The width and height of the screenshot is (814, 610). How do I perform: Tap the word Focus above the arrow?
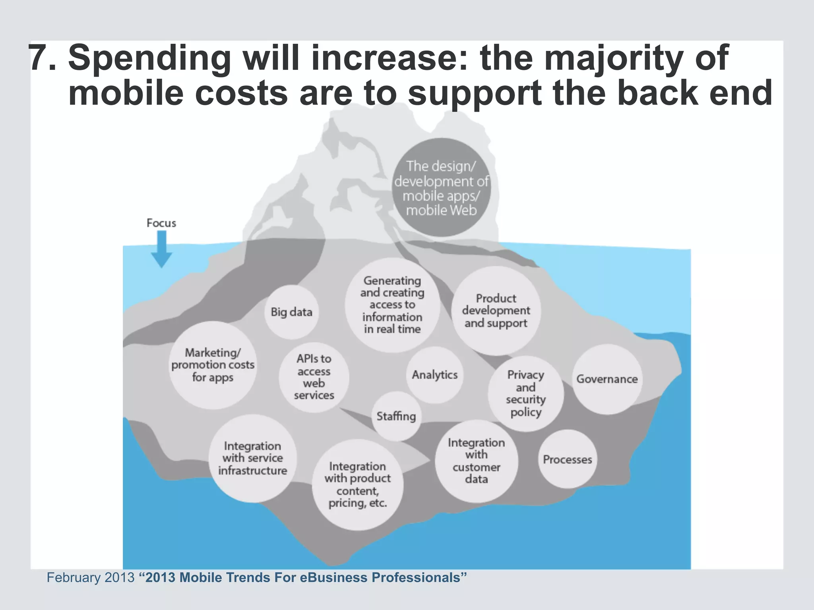coord(161,223)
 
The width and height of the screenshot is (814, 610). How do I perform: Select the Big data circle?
coord(291,312)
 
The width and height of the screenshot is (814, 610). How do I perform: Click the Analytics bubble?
coord(434,375)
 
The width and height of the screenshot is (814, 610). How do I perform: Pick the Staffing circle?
coord(396,416)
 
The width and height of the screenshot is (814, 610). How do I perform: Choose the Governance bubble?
coord(607,379)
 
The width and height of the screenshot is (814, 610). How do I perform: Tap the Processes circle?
coord(567,459)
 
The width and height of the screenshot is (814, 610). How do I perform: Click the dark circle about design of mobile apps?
coord(441,188)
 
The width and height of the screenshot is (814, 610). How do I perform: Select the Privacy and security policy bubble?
coord(525,393)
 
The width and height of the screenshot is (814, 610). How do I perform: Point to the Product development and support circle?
coord(496,311)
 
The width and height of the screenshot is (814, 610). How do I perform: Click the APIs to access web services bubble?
coord(314,377)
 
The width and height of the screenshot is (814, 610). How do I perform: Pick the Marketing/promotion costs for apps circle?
coord(213,365)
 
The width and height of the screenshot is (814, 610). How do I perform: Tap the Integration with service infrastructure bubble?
coord(252,458)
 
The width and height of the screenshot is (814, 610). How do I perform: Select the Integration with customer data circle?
coord(476,461)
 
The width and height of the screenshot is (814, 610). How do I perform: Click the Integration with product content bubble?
coord(357,485)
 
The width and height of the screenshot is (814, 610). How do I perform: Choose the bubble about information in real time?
coord(392,305)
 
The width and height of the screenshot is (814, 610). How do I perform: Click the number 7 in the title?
coord(41,58)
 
